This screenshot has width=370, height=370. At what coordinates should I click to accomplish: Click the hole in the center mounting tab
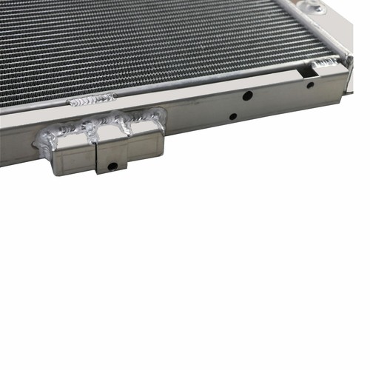pyautogui.click(x=112, y=165)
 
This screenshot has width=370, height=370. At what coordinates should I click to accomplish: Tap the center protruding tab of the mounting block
pyautogui.click(x=111, y=158)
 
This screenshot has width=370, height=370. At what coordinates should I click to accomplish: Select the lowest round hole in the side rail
pyautogui.click(x=233, y=116)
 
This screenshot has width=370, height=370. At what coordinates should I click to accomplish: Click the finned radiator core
pyautogui.click(x=148, y=44)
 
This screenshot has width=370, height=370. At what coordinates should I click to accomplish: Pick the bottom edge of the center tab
pyautogui.click(x=112, y=172)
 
